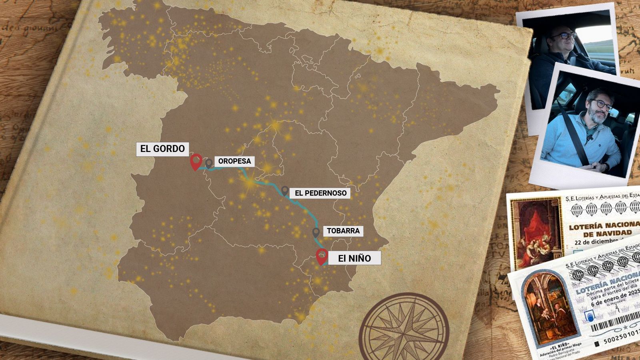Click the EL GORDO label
pos(162,149)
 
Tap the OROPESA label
pos(234,161)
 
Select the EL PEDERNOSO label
pos(320,193)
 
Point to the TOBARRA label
pos(343,231)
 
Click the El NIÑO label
pos(354,258)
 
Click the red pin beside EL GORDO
pos(196,162)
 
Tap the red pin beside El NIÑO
pos(322,256)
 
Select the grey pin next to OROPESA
pos(209,163)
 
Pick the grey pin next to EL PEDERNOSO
pos(285,191)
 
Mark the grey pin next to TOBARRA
pos(316,232)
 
